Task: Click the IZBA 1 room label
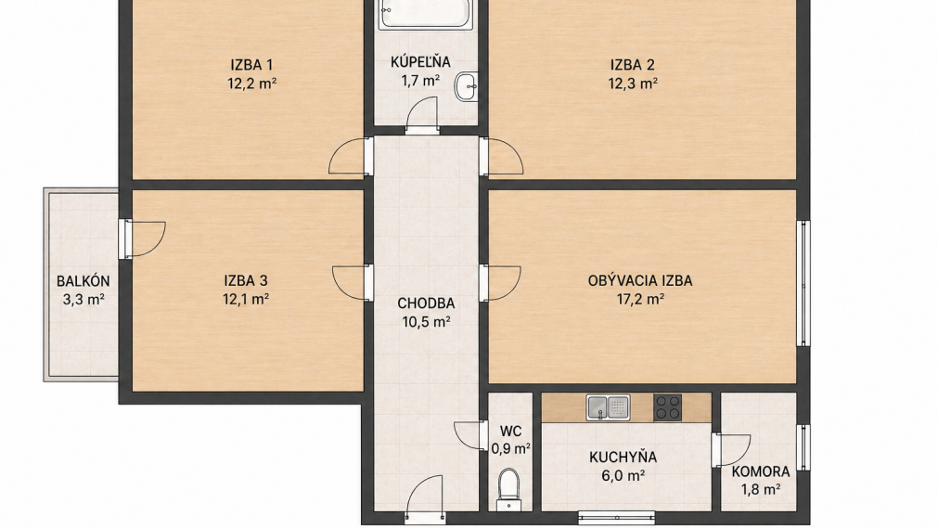[x=251, y=65]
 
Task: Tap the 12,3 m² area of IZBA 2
[x=633, y=84]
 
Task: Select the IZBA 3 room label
[x=245, y=280]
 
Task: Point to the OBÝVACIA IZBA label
[x=640, y=280]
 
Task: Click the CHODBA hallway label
[x=426, y=303]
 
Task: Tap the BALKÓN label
[x=84, y=281]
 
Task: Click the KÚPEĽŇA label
[x=420, y=61]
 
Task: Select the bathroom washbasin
[x=466, y=86]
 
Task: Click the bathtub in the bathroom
[x=425, y=14]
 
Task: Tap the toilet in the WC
[x=509, y=488]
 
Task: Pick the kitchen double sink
[x=608, y=407]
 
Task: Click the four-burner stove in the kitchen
[x=668, y=407]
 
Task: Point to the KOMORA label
[x=761, y=471]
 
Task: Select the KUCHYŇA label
[x=623, y=458]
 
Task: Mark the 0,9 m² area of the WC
[x=511, y=448]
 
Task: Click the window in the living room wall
[x=804, y=283]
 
